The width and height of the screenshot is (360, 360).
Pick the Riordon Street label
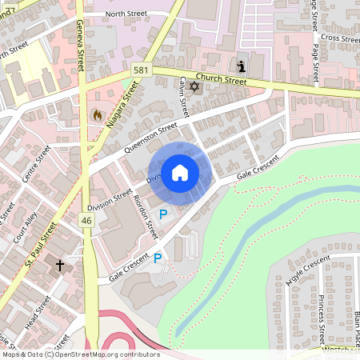tap(146, 216)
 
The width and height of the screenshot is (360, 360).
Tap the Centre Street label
tap(37, 163)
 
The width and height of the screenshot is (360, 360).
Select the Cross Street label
tap(339, 38)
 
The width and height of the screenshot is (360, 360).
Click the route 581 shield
tap(141, 70)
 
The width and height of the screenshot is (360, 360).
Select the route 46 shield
tap(86, 219)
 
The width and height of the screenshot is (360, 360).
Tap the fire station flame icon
tap(98, 115)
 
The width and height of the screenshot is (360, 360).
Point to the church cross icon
tap(59, 263)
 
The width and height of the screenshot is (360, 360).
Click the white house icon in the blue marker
tap(180, 173)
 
